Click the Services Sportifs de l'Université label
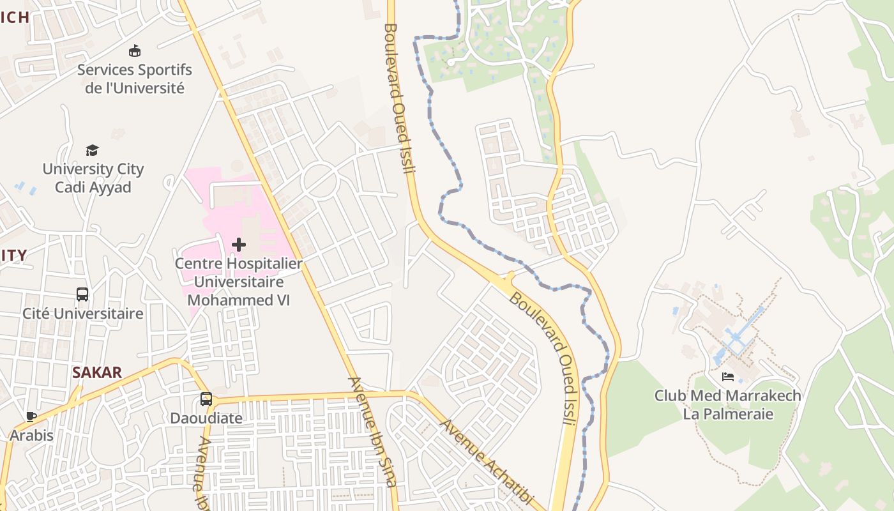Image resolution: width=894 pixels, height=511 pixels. [135, 79]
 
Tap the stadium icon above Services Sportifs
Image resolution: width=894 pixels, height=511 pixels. [135, 51]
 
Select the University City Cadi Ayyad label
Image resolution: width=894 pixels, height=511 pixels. [93, 178]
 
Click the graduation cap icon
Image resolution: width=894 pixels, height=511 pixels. [93, 150]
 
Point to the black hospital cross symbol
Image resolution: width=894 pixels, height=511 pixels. [239, 244]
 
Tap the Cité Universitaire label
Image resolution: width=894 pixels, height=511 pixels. [83, 314]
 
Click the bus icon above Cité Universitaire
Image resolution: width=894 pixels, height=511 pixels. [82, 294]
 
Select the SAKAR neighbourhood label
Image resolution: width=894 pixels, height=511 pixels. [97, 373]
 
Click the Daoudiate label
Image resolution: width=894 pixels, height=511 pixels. [206, 418]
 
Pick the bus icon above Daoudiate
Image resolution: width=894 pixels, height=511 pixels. [206, 399]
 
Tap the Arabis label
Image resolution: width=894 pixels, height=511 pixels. [31, 436]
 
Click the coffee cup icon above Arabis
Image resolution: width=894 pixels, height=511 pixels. [31, 417]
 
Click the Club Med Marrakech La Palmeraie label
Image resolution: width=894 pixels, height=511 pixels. [728, 404]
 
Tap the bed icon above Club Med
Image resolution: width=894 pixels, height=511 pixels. [728, 377]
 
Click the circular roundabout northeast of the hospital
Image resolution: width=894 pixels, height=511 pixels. [319, 181]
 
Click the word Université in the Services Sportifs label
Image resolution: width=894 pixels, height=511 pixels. [153, 88]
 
